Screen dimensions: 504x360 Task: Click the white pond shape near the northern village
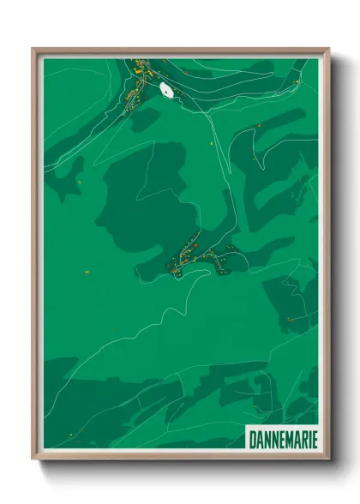pyautogui.click(x=166, y=89)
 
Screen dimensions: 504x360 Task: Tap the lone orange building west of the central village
pyautogui.click(x=87, y=272)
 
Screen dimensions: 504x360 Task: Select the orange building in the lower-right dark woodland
pyautogui.click(x=289, y=319)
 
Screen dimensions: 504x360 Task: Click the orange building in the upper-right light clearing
pyautogui.click(x=257, y=126)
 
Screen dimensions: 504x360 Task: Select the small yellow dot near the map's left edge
pyautogui.click(x=78, y=182)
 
